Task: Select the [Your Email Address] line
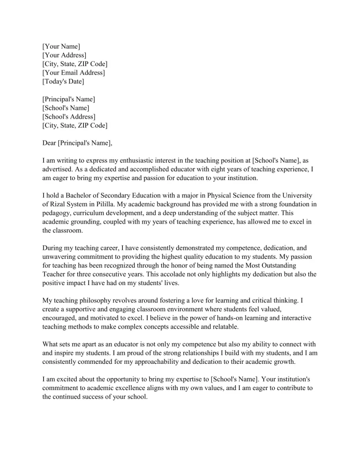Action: click(74, 73)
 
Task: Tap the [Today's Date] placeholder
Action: click(63, 82)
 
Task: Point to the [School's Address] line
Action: click(69, 117)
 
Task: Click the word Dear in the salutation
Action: click(50, 143)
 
